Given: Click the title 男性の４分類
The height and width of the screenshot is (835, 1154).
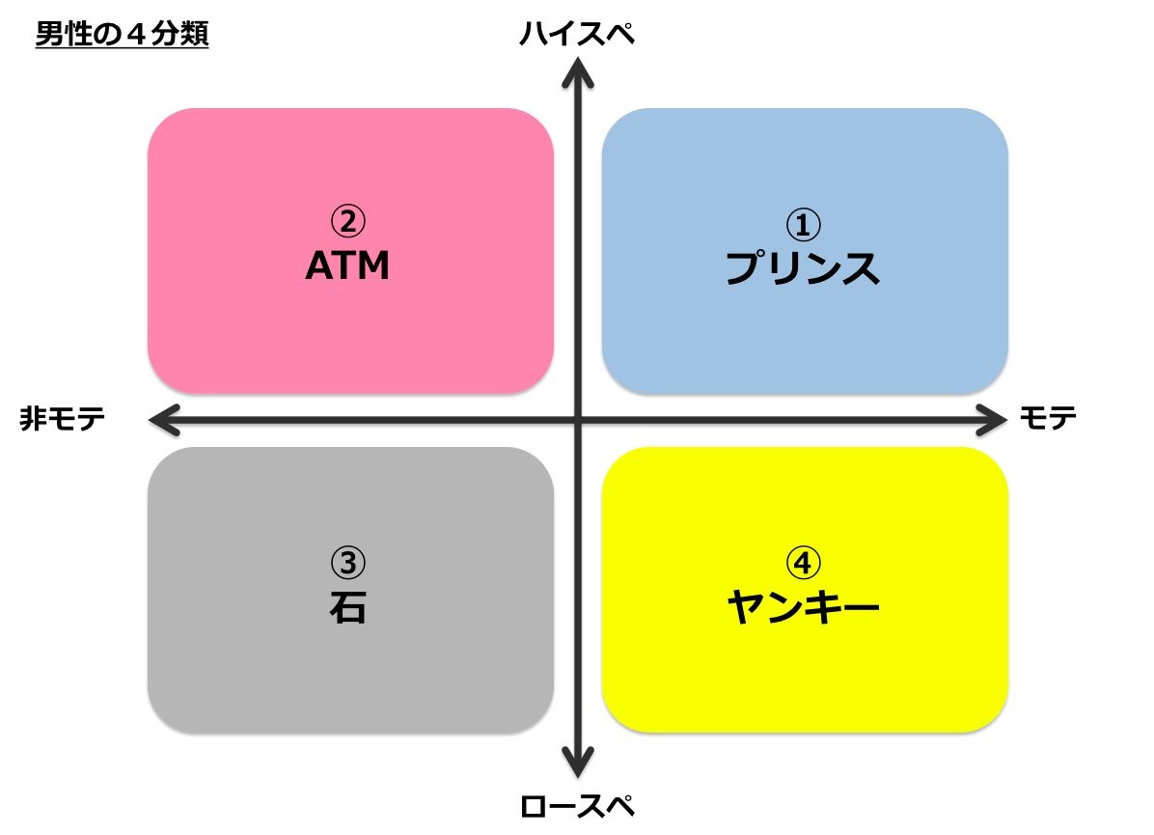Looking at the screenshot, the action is (122, 36).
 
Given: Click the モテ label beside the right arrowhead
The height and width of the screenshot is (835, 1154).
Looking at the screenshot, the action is (1048, 418).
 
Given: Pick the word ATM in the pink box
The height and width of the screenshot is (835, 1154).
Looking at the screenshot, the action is (347, 266).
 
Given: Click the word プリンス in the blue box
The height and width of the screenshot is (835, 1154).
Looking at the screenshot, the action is (803, 268).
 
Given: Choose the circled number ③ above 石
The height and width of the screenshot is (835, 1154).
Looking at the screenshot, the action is (348, 562).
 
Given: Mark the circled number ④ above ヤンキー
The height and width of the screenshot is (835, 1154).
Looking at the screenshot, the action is (803, 562).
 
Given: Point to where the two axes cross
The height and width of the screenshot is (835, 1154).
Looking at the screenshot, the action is (578, 419).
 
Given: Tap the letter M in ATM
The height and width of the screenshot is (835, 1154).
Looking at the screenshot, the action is (372, 266).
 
